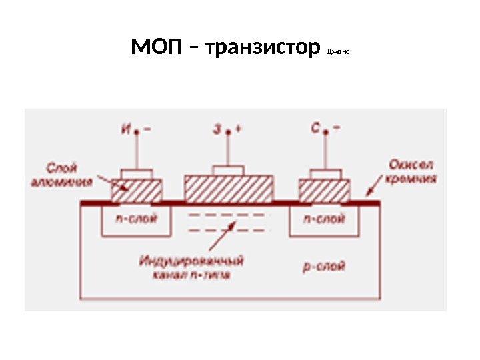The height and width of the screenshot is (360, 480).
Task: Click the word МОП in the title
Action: pyautogui.click(x=156, y=49)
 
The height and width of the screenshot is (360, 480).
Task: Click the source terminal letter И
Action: pyautogui.click(x=126, y=129)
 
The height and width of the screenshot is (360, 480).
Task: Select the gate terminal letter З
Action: pyautogui.click(x=217, y=130)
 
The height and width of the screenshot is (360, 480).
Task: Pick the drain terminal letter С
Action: pyautogui.click(x=315, y=129)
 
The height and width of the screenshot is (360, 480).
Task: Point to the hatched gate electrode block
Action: pyautogui.click(x=229, y=189)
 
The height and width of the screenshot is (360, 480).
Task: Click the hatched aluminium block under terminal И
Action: pyautogui.click(x=136, y=191)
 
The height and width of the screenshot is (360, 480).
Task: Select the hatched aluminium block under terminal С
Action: pyautogui.click(x=325, y=191)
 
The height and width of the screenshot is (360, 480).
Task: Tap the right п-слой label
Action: pyautogui.click(x=324, y=219)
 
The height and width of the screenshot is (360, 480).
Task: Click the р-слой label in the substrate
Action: pyautogui.click(x=324, y=267)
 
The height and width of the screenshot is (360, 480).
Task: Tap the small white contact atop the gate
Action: pyautogui.click(x=228, y=171)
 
